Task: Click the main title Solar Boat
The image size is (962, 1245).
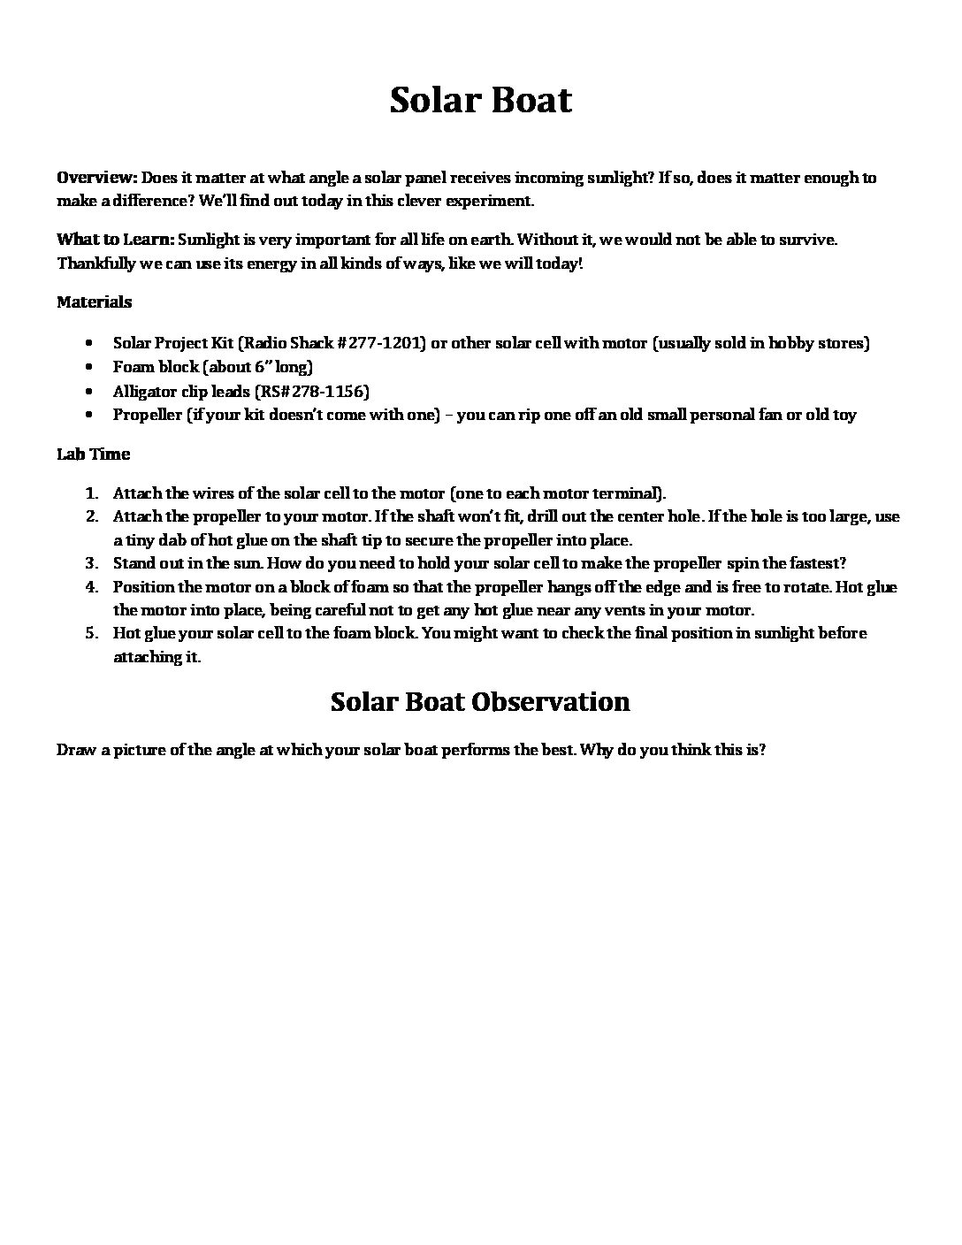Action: click(480, 100)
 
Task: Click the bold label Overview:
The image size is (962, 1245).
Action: click(96, 178)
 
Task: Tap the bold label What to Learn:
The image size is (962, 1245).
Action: click(115, 240)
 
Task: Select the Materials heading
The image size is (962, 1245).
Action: click(94, 302)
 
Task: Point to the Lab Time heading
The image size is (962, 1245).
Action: click(93, 454)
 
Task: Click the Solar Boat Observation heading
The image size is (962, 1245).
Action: click(480, 702)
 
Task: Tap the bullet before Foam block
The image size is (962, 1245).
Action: click(92, 367)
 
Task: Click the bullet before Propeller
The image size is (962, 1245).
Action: click(92, 415)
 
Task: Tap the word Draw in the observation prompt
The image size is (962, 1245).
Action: click(75, 750)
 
